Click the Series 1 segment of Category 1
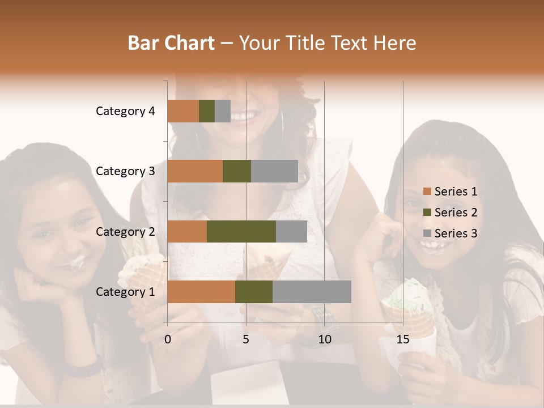(201, 291)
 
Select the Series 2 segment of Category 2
(241, 231)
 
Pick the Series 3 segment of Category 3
(274, 171)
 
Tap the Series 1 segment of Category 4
(183, 111)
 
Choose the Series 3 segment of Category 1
(312, 291)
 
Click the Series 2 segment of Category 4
(207, 111)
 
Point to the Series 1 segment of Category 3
(195, 171)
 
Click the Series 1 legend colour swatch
(427, 192)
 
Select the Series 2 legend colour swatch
(427, 212)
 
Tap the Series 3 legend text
(456, 233)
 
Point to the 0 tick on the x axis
(168, 339)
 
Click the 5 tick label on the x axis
(246, 339)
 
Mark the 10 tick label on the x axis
(324, 339)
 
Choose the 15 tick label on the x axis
(403, 339)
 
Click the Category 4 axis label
(125, 111)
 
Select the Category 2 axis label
(125, 231)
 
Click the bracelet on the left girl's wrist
(83, 368)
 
